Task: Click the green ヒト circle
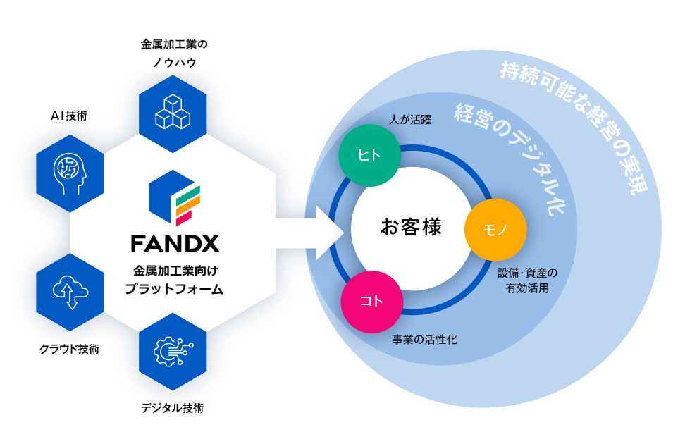coord(369,156)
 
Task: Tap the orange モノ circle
coord(495,230)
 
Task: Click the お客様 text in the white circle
coord(411,227)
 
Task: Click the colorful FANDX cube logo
coord(175,200)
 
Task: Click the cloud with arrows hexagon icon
coord(70,290)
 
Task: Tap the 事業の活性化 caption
coord(424,339)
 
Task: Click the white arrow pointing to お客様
coord(310,230)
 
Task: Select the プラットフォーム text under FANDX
coord(173,288)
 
